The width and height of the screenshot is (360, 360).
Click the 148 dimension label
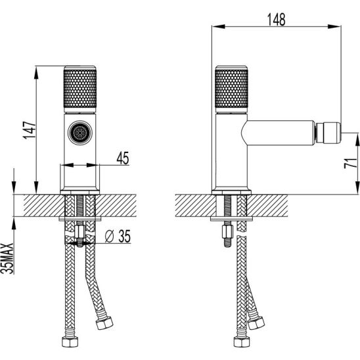click(x=277, y=19)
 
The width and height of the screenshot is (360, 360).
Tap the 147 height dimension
click(x=30, y=130)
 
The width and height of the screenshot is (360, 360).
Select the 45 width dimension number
click(x=123, y=158)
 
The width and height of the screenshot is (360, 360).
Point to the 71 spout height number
click(x=350, y=163)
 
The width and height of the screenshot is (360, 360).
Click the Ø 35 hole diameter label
click(x=118, y=236)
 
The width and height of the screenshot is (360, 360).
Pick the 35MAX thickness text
click(x=7, y=259)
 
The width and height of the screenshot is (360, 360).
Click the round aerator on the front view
click(x=80, y=133)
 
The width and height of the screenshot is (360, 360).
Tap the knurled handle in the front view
click(x=80, y=89)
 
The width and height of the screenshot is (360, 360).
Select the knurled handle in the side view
click(x=231, y=89)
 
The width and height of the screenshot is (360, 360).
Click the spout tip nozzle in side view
click(x=328, y=133)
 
